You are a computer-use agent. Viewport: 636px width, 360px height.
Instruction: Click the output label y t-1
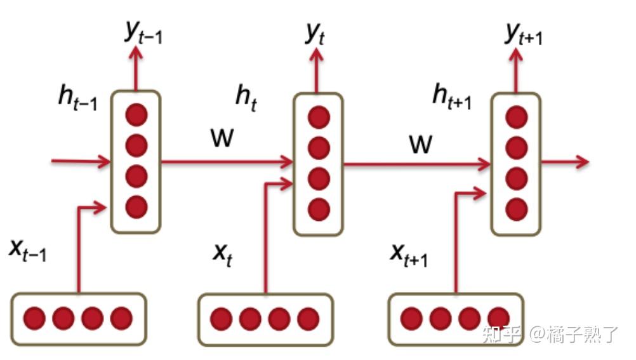143,34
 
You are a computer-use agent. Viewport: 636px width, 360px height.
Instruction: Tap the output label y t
315,34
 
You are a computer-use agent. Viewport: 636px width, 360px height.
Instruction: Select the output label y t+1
524,34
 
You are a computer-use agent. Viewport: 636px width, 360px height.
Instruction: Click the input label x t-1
27,250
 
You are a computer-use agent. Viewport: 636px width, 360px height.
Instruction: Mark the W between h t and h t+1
420,145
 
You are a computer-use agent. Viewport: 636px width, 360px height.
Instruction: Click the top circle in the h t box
319,117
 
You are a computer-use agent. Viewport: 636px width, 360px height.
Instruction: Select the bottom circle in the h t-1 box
136,206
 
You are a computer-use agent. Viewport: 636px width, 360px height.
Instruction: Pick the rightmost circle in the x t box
307,318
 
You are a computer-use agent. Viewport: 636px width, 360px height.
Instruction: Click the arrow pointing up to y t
319,71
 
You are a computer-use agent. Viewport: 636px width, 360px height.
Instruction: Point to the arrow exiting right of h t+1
565,163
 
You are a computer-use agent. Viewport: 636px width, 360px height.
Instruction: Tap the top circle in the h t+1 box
517,117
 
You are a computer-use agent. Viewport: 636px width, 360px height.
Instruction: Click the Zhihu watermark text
549,334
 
